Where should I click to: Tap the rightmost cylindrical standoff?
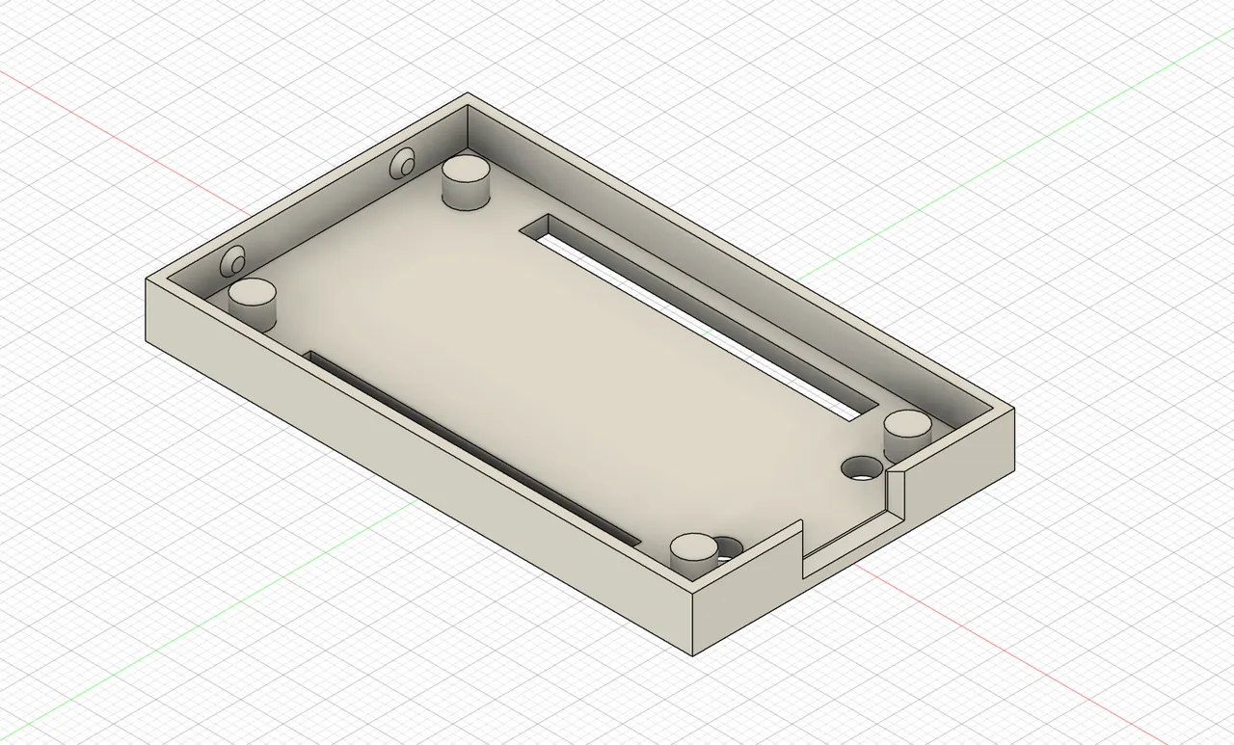coord(906,434)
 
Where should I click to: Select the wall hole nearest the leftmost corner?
coord(233,259)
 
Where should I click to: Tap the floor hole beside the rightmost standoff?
coord(861,468)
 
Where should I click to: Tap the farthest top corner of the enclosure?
coord(469,94)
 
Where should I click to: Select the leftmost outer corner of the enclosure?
coord(147,280)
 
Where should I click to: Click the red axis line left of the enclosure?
coord(116,145)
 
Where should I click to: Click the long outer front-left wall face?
coord(415,463)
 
